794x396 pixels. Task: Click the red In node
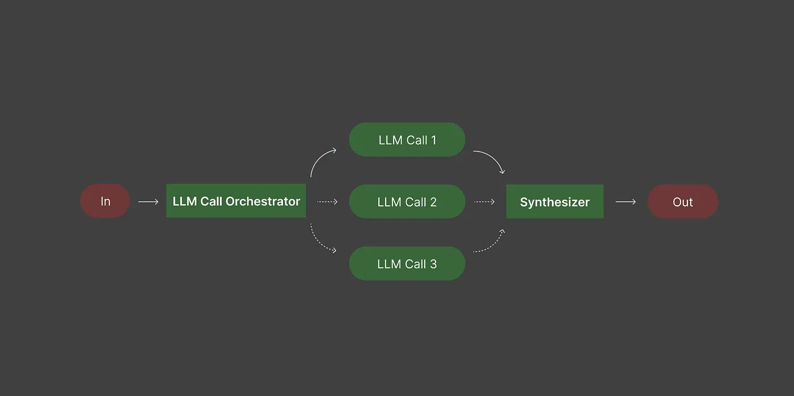(x=105, y=201)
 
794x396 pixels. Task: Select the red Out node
(x=683, y=201)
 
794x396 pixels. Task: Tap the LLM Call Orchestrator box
(x=236, y=201)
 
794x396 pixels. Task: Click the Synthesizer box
(x=555, y=201)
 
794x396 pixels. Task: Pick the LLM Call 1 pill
(x=407, y=140)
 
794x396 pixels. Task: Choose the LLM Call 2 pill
(x=407, y=201)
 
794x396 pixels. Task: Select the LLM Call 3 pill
(x=407, y=263)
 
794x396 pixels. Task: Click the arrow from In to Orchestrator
(x=148, y=202)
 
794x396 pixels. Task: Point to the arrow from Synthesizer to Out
(x=626, y=202)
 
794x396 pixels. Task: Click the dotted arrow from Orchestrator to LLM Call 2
(x=327, y=202)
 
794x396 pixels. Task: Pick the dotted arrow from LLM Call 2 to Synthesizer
(x=484, y=202)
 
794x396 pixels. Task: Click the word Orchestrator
(x=263, y=201)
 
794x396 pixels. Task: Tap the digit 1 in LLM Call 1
(x=433, y=140)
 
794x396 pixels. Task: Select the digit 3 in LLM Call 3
(x=433, y=264)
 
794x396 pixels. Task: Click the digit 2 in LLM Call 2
(x=433, y=202)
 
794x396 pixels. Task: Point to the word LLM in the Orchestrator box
(x=184, y=201)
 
